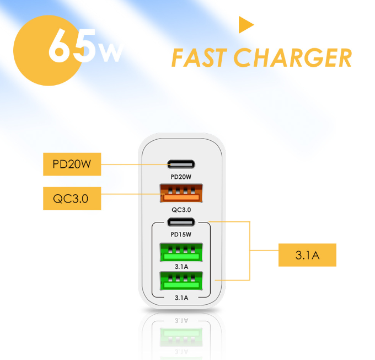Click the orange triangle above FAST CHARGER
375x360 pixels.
tap(245, 25)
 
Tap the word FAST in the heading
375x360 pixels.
tap(199, 57)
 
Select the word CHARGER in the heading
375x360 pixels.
tap(293, 57)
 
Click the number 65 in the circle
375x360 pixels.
tap(72, 45)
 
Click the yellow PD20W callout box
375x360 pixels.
tap(72, 165)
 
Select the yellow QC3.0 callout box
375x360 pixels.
tap(72, 199)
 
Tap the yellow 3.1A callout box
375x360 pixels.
tap(307, 255)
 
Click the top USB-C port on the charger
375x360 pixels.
tap(181, 165)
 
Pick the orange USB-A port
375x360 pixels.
tap(181, 193)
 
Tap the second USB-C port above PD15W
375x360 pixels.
tap(181, 223)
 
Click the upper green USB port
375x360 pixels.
tap(181, 252)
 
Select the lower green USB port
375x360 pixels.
tap(181, 280)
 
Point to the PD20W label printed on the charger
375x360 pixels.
tap(181, 177)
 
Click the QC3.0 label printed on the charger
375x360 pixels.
tap(181, 210)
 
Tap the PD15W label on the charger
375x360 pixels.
tap(181, 235)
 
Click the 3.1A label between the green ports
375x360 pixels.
tap(181, 267)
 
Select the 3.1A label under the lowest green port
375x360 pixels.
tap(181, 298)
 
